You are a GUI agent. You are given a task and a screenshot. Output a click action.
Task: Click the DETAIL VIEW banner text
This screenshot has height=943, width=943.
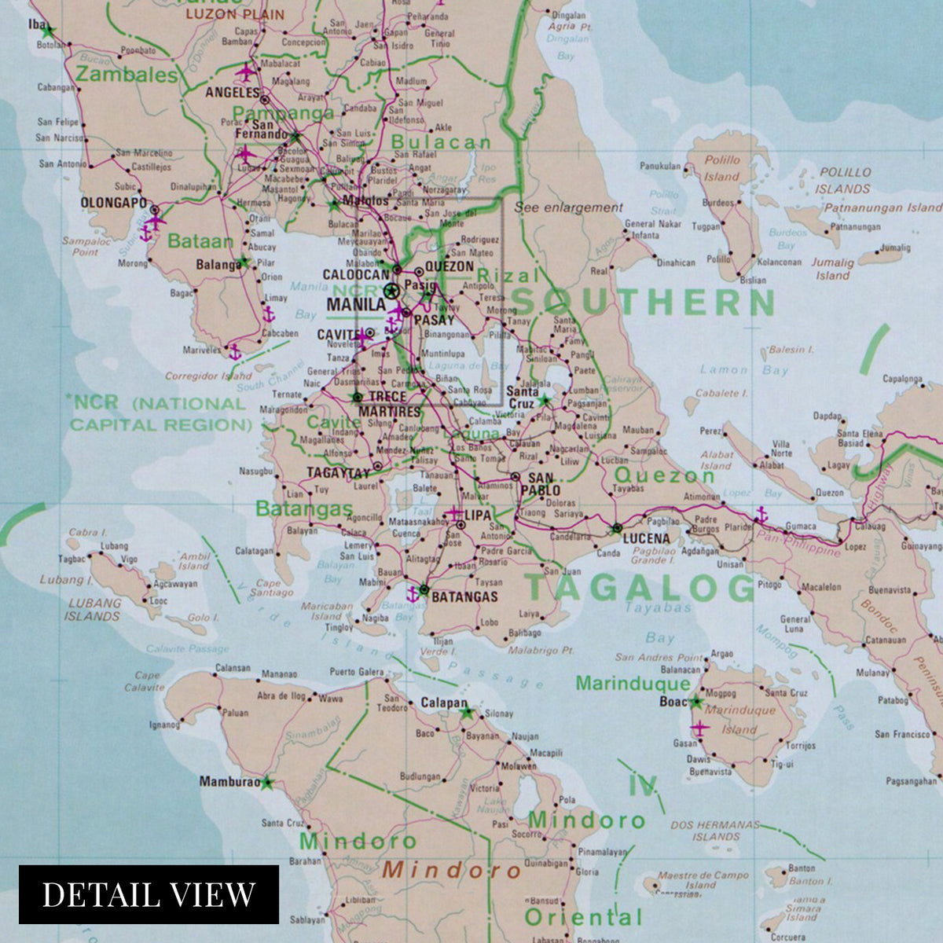(x=149, y=894)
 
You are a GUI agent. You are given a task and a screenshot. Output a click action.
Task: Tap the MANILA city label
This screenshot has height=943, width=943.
(x=355, y=304)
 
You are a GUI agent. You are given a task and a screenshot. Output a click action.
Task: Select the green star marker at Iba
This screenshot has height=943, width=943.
(x=48, y=32)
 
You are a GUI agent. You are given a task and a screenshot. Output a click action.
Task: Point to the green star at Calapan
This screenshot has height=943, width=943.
(x=468, y=714)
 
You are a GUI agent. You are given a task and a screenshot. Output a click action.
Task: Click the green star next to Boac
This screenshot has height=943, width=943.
(x=696, y=702)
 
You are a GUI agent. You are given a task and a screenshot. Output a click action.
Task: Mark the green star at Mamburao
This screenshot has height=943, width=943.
(x=267, y=783)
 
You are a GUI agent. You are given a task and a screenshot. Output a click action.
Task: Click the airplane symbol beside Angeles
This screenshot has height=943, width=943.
(x=247, y=73)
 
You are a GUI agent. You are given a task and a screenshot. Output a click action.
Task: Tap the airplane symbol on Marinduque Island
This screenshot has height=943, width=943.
(x=698, y=728)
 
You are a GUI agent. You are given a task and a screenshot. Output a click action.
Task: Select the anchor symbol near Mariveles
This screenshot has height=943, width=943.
(x=233, y=351)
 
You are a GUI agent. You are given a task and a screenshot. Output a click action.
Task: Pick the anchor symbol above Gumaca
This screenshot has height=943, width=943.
(x=761, y=516)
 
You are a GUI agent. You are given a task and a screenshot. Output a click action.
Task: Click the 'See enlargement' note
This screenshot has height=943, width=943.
(x=568, y=208)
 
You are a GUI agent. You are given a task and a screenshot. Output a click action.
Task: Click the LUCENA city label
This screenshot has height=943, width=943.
(x=646, y=538)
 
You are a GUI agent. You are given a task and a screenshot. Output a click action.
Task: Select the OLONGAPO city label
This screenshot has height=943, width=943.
(x=113, y=203)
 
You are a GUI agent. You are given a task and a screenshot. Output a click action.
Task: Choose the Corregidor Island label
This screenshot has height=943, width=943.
(x=208, y=376)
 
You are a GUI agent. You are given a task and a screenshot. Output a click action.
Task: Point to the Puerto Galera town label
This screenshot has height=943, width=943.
(x=357, y=672)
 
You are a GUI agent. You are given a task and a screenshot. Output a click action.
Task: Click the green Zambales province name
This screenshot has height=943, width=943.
(x=127, y=75)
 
